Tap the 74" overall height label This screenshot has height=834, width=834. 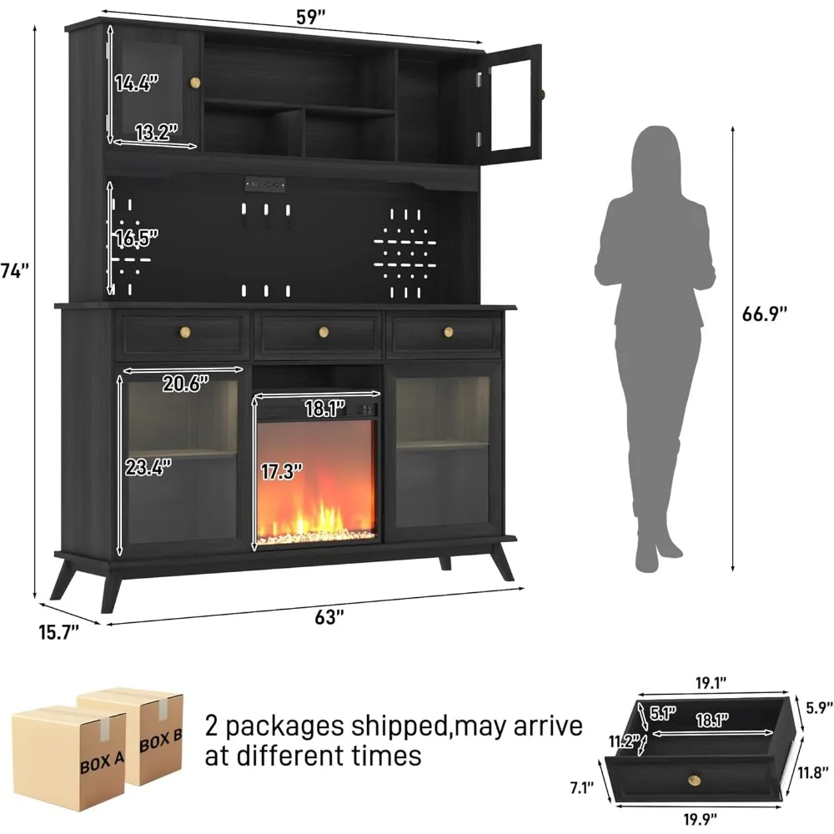[15, 270]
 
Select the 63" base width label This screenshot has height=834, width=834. [329, 617]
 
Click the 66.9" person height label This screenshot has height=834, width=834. [765, 314]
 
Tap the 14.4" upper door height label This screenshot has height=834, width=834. [137, 83]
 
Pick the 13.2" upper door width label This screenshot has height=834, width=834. [157, 131]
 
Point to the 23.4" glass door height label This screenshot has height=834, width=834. [149, 466]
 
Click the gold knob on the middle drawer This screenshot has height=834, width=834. [324, 333]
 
